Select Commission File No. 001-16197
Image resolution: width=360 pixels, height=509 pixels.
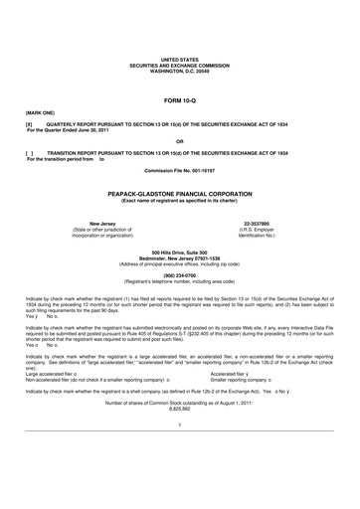tap(179, 176)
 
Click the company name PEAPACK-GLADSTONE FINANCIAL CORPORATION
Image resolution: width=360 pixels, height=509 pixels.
tap(179, 195)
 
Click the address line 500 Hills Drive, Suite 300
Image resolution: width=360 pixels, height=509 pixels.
tap(179, 254)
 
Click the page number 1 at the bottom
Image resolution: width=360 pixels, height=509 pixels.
tap(179, 452)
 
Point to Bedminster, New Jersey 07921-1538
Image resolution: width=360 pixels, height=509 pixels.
tap(179, 259)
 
